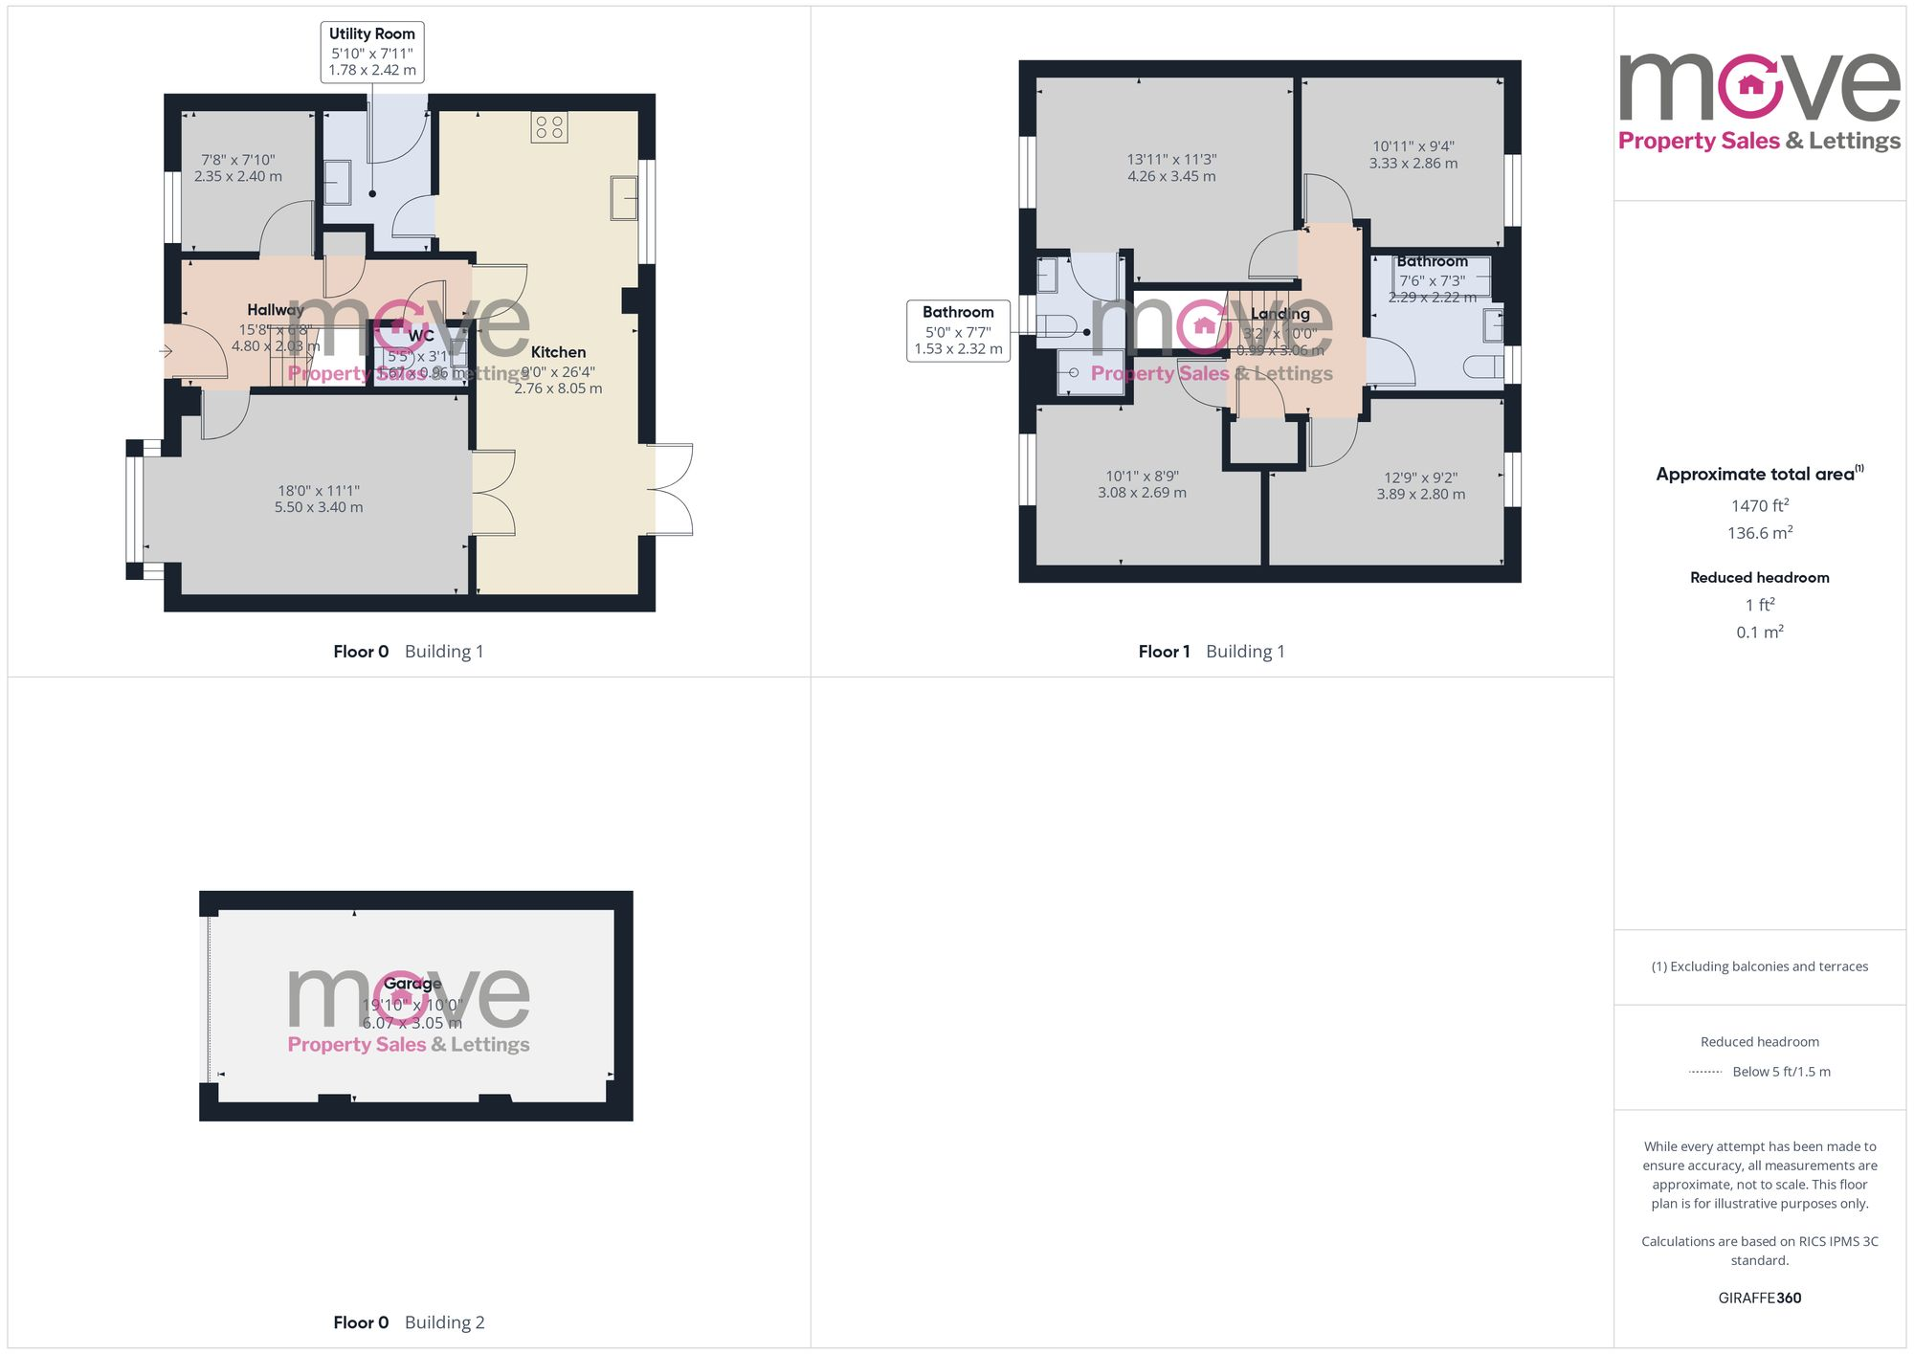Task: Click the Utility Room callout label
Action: click(371, 52)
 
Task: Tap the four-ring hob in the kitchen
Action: click(549, 127)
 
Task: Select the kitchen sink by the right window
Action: click(624, 198)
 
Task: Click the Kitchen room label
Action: click(558, 352)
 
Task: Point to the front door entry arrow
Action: click(166, 351)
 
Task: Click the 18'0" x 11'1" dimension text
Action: click(319, 499)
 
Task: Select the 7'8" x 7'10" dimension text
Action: click(238, 167)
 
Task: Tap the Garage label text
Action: click(412, 984)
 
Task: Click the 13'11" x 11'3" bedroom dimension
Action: click(1171, 167)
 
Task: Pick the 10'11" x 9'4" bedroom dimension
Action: click(1413, 154)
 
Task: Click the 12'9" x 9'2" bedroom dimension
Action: click(1421, 485)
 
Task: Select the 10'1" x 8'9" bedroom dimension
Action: click(1142, 483)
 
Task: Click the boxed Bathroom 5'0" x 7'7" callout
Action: click(958, 330)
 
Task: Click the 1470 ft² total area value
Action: click(1759, 505)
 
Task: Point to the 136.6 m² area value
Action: click(1759, 533)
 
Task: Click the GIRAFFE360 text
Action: click(1759, 1298)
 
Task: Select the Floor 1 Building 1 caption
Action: click(1212, 652)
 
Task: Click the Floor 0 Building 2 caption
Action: click(409, 1322)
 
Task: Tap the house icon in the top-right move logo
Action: click(1750, 85)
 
